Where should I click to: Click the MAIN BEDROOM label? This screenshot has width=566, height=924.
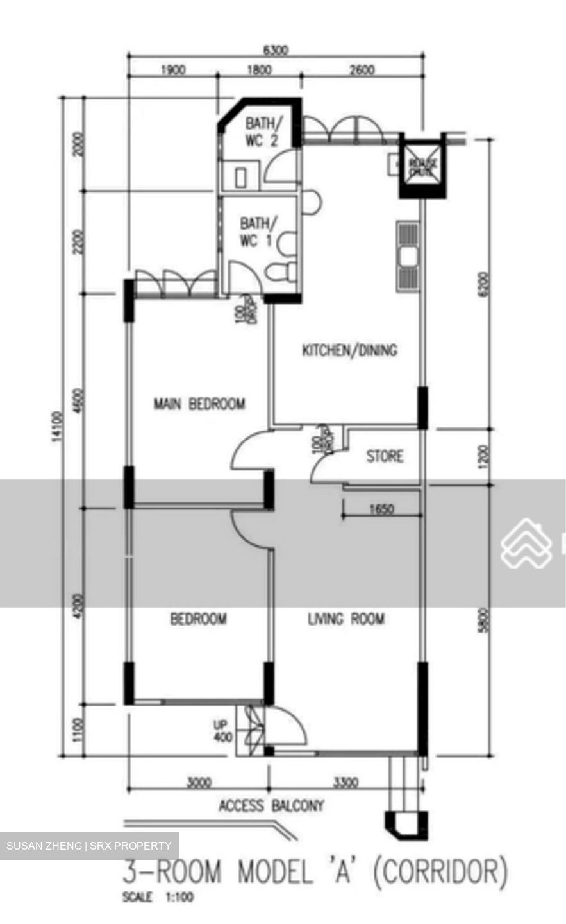click(x=199, y=404)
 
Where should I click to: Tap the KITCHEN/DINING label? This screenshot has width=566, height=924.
click(x=349, y=350)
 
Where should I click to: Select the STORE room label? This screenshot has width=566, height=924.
click(x=385, y=456)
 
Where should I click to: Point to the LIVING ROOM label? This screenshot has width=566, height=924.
click(x=346, y=619)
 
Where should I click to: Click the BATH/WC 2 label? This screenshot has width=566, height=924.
click(x=261, y=132)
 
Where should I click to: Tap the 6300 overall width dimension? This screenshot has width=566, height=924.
click(x=276, y=49)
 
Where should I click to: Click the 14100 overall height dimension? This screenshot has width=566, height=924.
click(x=58, y=427)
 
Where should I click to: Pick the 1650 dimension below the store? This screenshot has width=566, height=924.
click(x=382, y=509)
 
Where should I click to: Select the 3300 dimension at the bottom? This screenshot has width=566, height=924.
click(x=345, y=783)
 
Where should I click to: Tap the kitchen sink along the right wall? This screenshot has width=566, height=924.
click(x=408, y=257)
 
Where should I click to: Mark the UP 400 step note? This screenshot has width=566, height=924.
click(x=222, y=732)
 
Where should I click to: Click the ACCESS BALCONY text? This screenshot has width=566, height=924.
click(x=271, y=805)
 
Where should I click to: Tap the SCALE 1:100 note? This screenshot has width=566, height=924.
click(x=158, y=898)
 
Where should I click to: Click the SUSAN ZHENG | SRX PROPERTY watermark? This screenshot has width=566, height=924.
click(x=89, y=846)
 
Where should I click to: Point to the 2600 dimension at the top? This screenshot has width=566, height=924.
click(x=362, y=70)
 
